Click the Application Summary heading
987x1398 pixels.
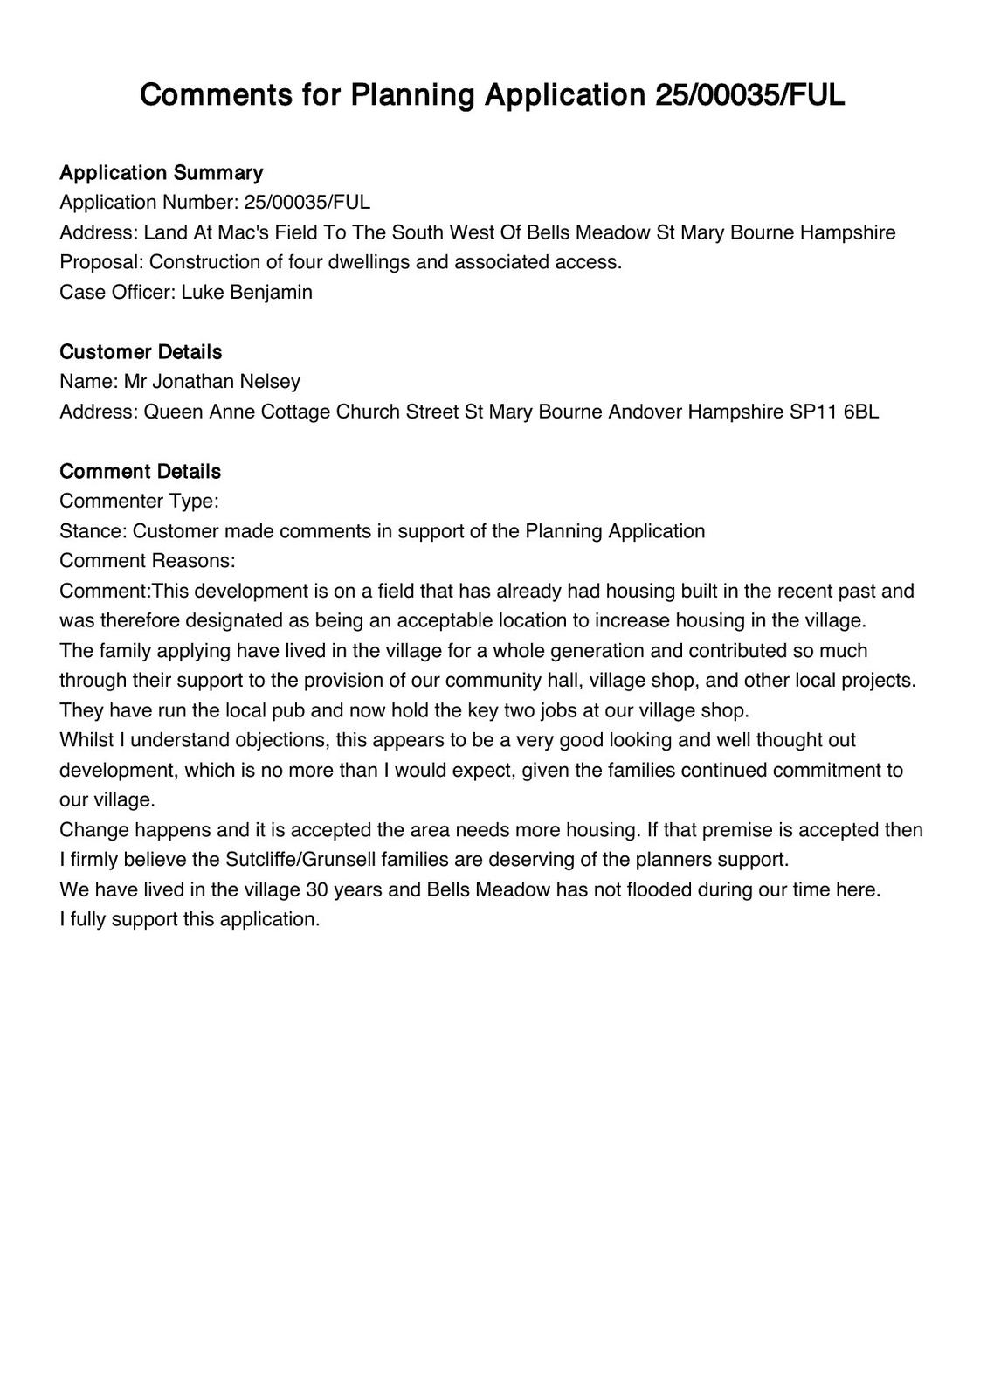(x=161, y=172)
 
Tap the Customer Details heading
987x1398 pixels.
(x=141, y=351)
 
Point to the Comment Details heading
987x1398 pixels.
(x=140, y=471)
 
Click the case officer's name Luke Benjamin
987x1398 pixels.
(x=246, y=292)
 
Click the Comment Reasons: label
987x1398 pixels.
(x=148, y=560)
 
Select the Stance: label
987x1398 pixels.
(x=93, y=530)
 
